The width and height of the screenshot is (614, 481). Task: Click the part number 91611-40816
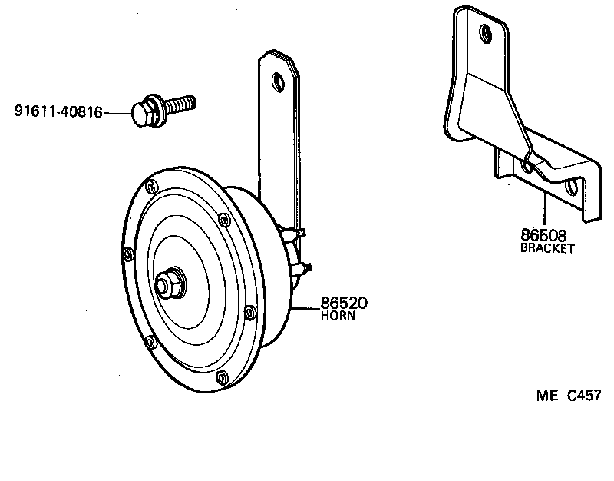click(x=58, y=112)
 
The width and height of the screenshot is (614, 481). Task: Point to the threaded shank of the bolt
click(x=180, y=104)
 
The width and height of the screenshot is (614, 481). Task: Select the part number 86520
click(x=338, y=304)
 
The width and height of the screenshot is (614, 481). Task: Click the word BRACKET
click(x=547, y=249)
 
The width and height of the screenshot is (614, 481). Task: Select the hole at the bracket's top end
click(x=484, y=33)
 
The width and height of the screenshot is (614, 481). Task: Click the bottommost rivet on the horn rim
click(x=221, y=377)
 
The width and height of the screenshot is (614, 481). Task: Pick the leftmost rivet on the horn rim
click(x=127, y=252)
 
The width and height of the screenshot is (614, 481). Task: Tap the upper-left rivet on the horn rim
click(x=152, y=186)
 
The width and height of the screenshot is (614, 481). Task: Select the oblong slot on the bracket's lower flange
click(x=571, y=186)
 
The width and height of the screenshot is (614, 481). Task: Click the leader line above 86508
click(x=545, y=211)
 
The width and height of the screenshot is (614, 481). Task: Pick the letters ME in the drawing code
click(x=546, y=396)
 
